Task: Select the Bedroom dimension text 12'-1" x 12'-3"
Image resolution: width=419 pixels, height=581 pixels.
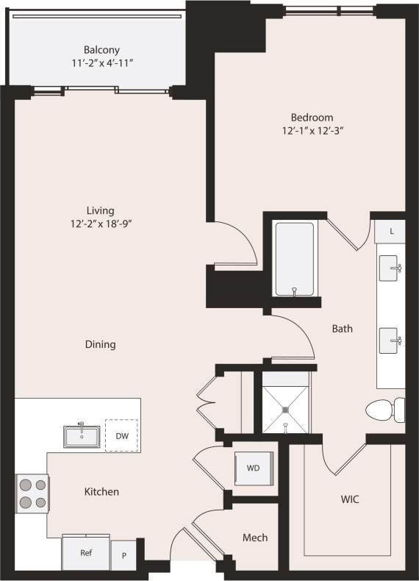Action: pyautogui.click(x=312, y=131)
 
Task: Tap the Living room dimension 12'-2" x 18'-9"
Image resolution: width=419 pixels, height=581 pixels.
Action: pyautogui.click(x=99, y=224)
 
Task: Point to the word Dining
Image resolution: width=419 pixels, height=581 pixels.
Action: pyautogui.click(x=100, y=344)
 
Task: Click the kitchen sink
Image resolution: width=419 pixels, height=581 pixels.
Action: pyautogui.click(x=82, y=436)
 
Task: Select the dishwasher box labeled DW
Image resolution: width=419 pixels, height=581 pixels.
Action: pyautogui.click(x=121, y=435)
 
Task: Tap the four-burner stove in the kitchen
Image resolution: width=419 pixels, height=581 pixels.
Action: pyautogui.click(x=32, y=493)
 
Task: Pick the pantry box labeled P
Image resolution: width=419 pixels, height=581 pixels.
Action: pyautogui.click(x=123, y=556)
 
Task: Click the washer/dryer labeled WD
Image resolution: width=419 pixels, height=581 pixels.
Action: pyautogui.click(x=252, y=467)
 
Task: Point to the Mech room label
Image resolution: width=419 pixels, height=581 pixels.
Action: pyautogui.click(x=254, y=538)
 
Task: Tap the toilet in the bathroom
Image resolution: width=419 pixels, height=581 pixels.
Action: pyautogui.click(x=387, y=410)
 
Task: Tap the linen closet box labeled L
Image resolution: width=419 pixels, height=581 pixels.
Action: pyautogui.click(x=392, y=231)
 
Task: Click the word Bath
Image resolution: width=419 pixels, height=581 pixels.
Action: pyautogui.click(x=342, y=329)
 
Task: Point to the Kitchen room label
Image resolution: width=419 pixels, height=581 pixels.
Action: pyautogui.click(x=101, y=491)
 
